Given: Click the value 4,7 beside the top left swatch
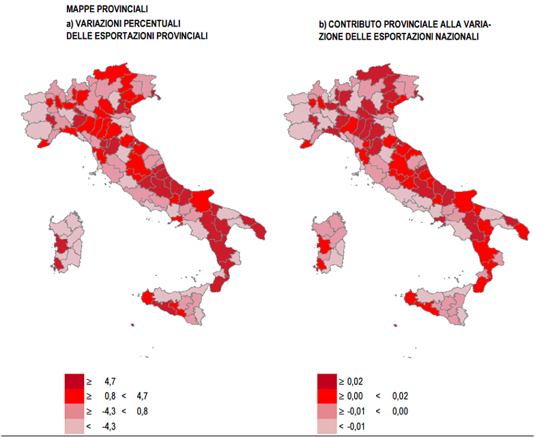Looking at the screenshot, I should tap(111, 380).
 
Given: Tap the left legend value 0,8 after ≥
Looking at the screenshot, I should tap(111, 395).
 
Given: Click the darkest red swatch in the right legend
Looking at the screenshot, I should tap(327, 381).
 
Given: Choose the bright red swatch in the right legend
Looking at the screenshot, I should tap(327, 396).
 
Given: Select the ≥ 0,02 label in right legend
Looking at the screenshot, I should tap(356, 380).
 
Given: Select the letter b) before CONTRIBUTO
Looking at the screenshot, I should tap(323, 25).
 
